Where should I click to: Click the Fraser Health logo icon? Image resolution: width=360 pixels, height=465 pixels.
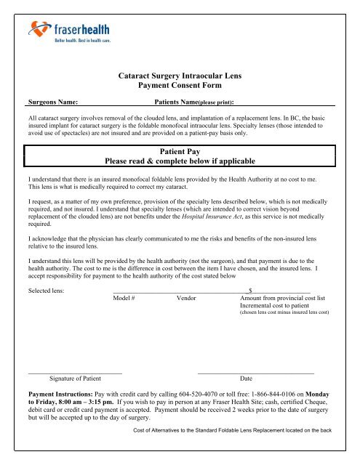click(40, 31)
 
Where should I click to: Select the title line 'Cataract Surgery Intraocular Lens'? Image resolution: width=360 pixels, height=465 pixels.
click(180, 74)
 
